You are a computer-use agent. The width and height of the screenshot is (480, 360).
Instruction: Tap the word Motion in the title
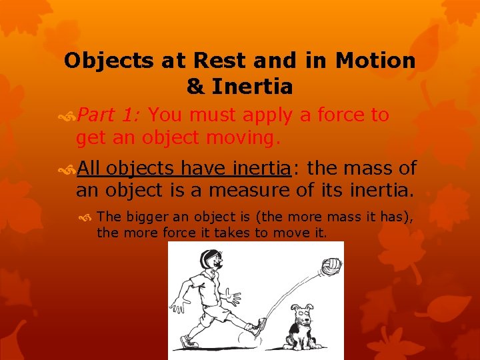375,61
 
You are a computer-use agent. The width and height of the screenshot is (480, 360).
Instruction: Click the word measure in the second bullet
249,191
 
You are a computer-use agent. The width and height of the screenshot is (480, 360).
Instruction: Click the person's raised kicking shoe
257,326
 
